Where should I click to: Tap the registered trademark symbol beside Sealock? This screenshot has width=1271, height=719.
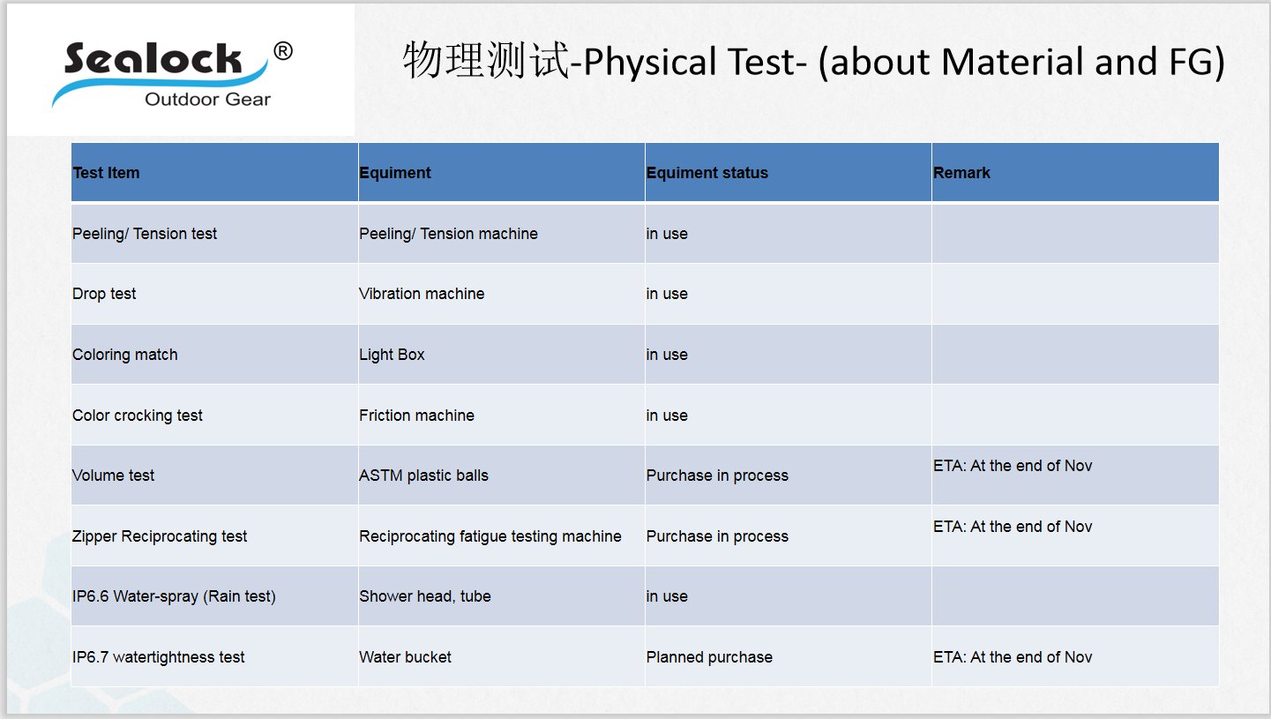(283, 51)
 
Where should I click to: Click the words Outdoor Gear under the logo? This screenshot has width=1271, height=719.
(207, 100)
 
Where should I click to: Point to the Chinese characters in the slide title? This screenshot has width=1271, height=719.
(486, 60)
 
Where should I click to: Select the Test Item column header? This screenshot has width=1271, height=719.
(106, 173)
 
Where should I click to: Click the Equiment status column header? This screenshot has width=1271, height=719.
(707, 173)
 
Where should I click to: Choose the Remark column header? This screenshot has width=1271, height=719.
(961, 173)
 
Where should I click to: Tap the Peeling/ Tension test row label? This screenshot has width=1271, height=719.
(145, 234)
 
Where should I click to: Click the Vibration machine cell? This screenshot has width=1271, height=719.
(422, 294)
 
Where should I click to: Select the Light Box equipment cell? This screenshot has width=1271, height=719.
(392, 355)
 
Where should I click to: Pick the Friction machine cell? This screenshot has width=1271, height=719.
(416, 416)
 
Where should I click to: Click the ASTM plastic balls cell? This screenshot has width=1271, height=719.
(423, 476)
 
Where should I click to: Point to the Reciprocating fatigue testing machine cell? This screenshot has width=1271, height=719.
(490, 536)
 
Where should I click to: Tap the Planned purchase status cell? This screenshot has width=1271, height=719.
(709, 657)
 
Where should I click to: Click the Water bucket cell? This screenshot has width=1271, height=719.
(405, 657)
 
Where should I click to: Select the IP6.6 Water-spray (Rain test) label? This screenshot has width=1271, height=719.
(174, 596)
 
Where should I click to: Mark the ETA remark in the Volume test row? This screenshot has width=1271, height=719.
(1013, 466)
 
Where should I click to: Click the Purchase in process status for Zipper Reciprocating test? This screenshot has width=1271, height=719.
(717, 536)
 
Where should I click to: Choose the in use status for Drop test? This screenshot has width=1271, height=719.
(667, 294)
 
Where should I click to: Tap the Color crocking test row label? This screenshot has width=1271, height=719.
(138, 416)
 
